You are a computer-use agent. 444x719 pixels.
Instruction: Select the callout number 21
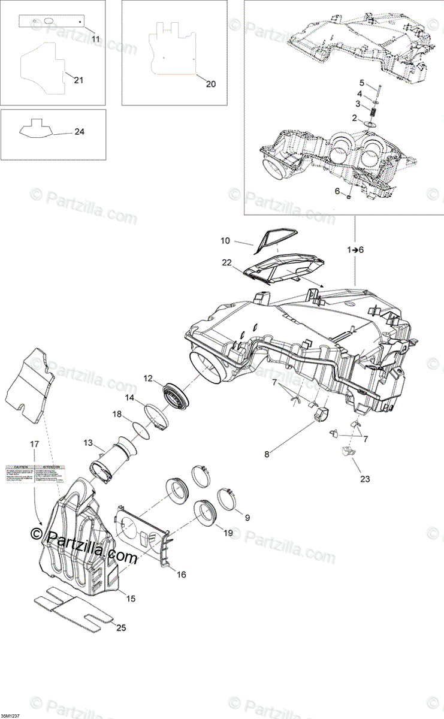click(x=78, y=80)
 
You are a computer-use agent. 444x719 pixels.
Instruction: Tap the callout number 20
click(x=210, y=84)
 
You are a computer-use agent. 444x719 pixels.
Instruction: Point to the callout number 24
click(x=79, y=132)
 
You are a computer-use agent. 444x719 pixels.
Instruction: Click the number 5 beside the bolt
click(x=361, y=82)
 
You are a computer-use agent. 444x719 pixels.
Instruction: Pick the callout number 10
click(x=225, y=241)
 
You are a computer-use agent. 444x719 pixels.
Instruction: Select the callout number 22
click(x=226, y=262)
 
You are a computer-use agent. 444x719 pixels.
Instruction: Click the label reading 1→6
click(x=355, y=249)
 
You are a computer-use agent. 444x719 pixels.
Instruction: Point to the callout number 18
click(x=117, y=414)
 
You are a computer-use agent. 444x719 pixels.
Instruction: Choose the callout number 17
click(x=34, y=444)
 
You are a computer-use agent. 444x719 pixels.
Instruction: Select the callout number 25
click(x=121, y=627)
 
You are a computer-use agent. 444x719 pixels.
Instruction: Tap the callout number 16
click(x=182, y=574)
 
